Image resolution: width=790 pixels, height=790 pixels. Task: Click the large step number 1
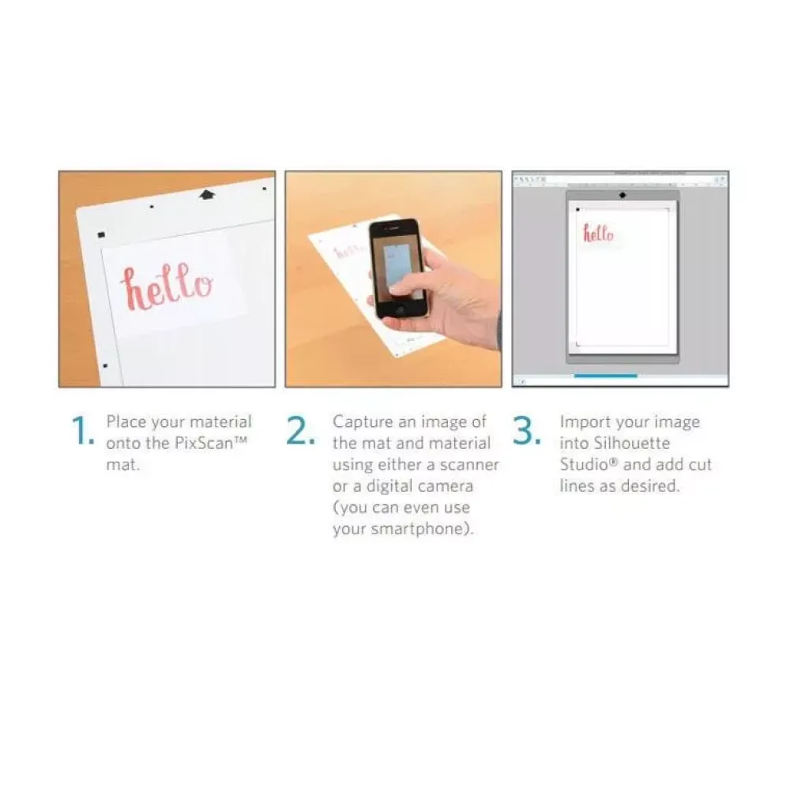click(83, 431)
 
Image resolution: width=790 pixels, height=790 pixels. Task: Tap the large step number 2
click(301, 431)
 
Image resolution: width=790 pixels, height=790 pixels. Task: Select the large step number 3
click(527, 431)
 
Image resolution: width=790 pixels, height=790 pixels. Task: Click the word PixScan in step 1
click(204, 444)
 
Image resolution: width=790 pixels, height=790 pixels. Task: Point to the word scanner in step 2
click(469, 465)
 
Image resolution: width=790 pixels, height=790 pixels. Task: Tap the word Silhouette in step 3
click(631, 444)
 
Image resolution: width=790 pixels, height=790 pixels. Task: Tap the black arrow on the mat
click(206, 194)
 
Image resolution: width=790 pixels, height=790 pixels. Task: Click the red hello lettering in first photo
click(167, 286)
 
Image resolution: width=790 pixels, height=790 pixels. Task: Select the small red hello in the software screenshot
click(598, 234)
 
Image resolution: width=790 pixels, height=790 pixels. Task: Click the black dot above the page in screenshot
click(623, 195)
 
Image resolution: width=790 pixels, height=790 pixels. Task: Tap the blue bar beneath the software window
click(605, 376)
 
